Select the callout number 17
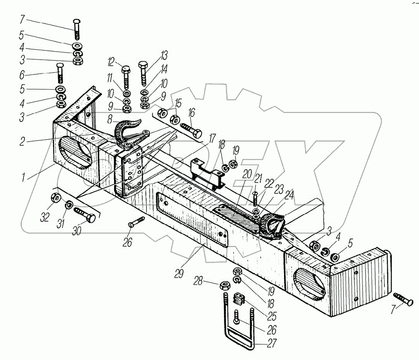[x=212, y=138]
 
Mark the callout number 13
[x=163, y=55]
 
